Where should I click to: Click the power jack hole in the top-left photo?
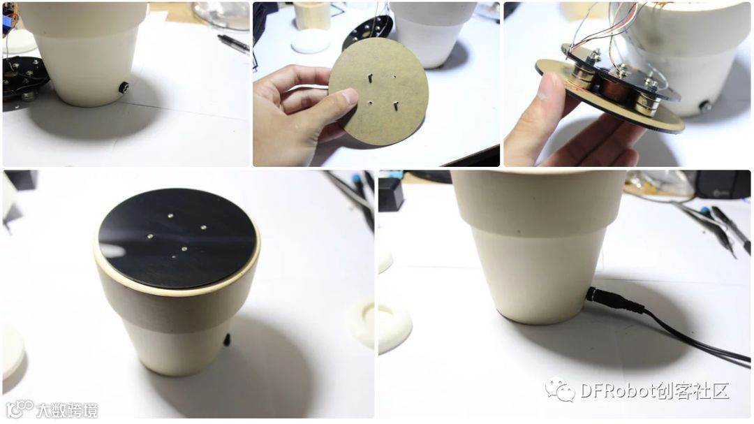tap(124, 87)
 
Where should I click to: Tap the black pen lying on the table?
tap(233, 43)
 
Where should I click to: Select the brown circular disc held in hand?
tap(378, 92)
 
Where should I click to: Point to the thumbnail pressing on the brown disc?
tap(349, 96)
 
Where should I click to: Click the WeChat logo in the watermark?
tap(560, 389)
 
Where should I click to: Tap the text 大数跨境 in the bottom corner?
tap(67, 410)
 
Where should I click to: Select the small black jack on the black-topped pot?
tap(227, 339)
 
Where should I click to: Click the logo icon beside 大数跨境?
tap(20, 409)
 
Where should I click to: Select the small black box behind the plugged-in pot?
tap(391, 194)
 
